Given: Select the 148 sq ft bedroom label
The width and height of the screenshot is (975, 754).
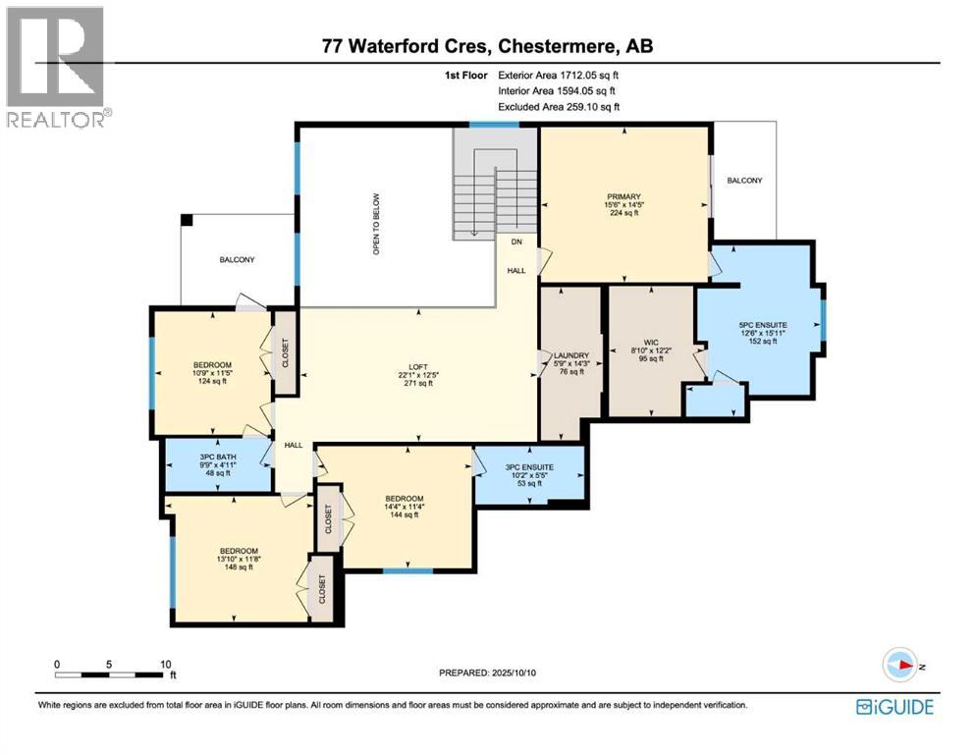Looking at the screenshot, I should (239, 557).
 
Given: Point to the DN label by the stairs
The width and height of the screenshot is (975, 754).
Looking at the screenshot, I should (515, 241).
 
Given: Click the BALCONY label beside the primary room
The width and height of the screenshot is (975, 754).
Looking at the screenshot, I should (743, 181).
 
